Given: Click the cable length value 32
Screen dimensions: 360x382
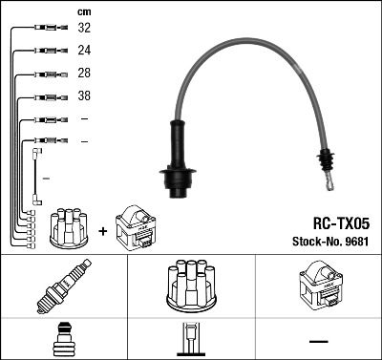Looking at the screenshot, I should click(x=85, y=29).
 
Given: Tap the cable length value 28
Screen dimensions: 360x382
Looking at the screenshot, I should click(x=85, y=74).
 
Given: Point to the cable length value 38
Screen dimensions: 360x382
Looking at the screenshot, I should click(x=85, y=97).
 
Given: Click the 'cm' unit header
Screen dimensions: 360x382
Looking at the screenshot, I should click(x=84, y=11).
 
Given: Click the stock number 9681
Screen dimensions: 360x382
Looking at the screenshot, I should click(x=355, y=242).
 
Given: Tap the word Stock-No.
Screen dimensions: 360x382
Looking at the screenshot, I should click(x=311, y=242).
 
